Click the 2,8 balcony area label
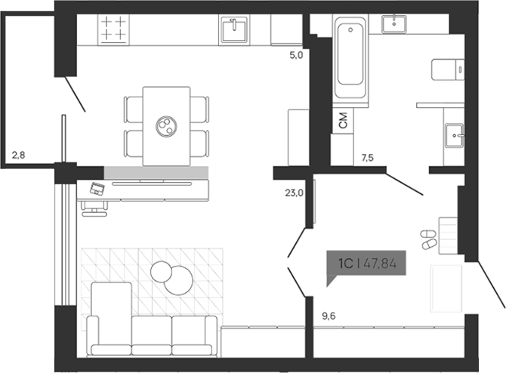tap(19, 156)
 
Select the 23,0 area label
tap(295, 193)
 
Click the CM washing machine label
tap(344, 120)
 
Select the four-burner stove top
tap(115, 29)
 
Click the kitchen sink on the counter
tap(234, 31)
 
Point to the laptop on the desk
tap(97, 189)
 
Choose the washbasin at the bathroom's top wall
tap(396, 23)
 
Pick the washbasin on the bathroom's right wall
tap(454, 134)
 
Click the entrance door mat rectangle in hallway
tap(446, 288)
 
